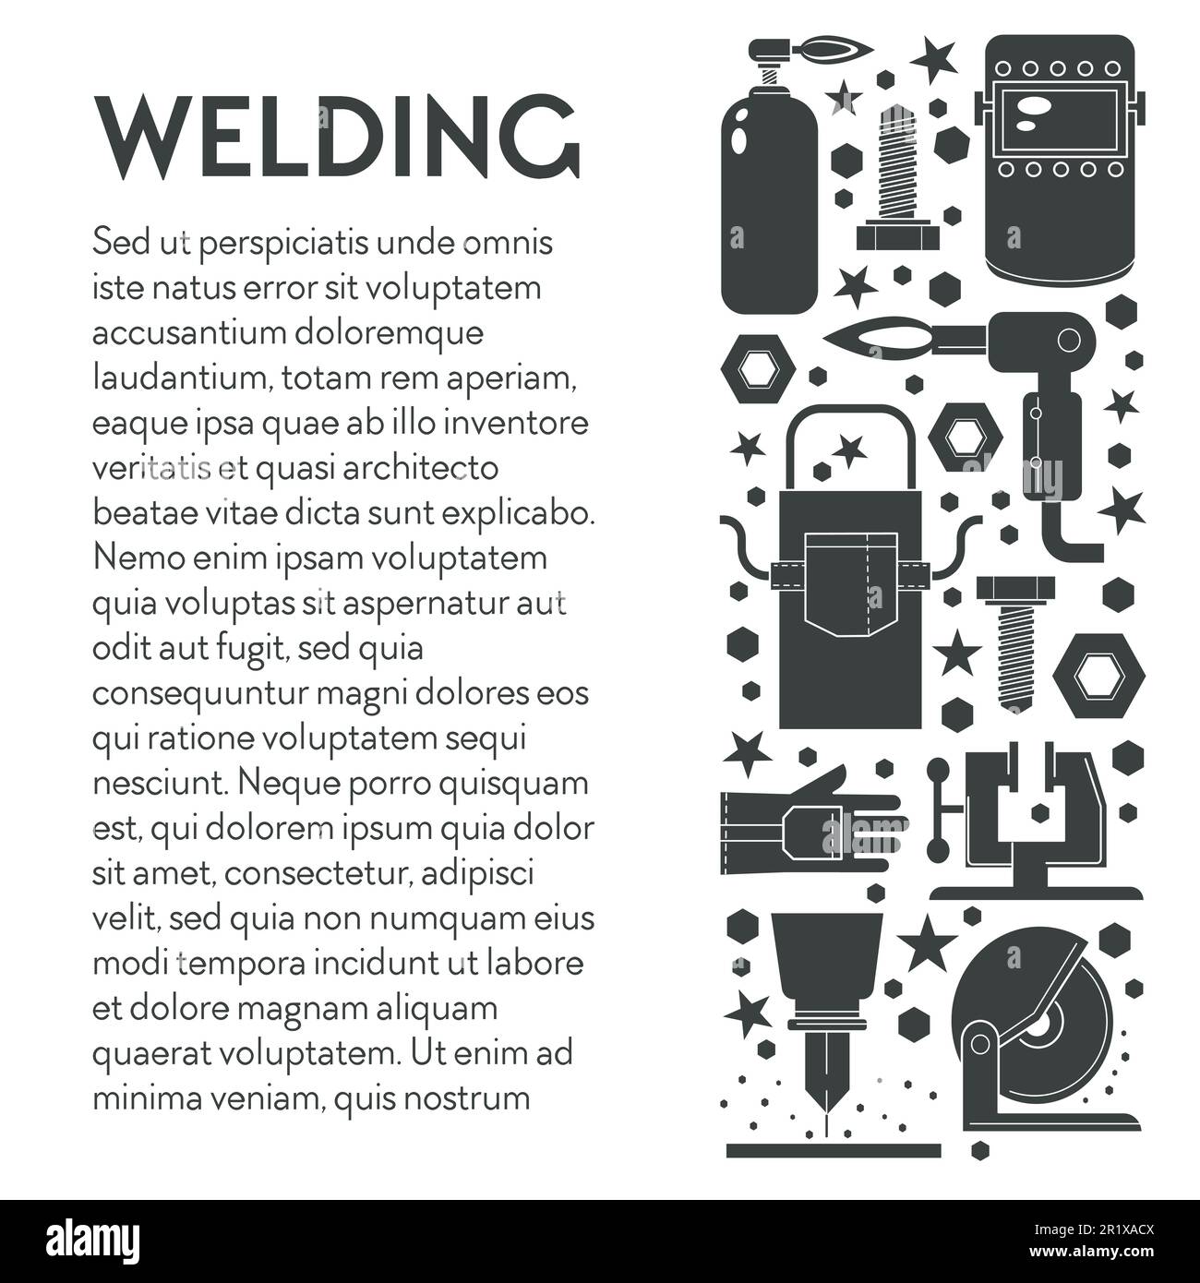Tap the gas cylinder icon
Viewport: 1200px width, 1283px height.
pos(768,203)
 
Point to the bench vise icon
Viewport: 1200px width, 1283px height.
pos(1034,826)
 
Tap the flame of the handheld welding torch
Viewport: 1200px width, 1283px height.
pos(877,340)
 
